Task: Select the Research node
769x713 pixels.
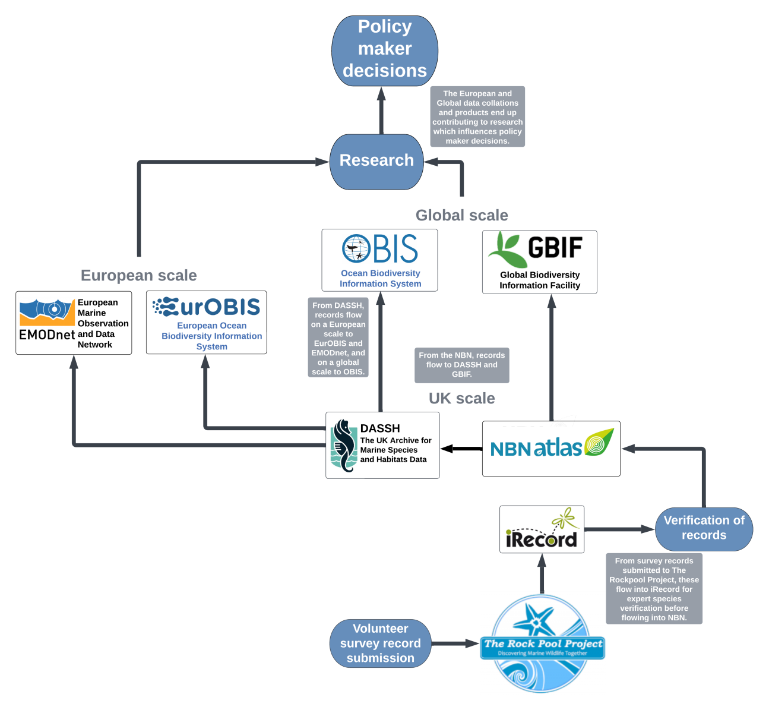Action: click(x=376, y=161)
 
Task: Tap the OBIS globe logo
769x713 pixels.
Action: click(x=356, y=248)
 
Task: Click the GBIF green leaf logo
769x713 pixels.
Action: click(x=506, y=250)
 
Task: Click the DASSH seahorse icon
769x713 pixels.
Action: click(x=343, y=446)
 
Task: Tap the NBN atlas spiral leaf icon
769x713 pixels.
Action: click(x=599, y=442)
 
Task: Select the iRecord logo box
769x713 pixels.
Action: click(x=542, y=529)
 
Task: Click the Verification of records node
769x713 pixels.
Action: click(x=704, y=528)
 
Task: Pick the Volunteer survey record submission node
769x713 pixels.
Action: click(x=381, y=643)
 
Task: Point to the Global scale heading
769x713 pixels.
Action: click(x=461, y=215)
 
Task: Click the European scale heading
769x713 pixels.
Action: click(x=138, y=275)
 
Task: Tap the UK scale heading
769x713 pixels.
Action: click(x=461, y=398)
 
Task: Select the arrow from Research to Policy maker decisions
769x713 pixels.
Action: click(x=382, y=111)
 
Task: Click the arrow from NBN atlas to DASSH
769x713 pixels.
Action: click(x=461, y=449)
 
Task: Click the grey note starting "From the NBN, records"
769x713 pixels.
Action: click(x=461, y=365)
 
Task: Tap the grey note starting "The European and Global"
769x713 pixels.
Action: click(x=477, y=117)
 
